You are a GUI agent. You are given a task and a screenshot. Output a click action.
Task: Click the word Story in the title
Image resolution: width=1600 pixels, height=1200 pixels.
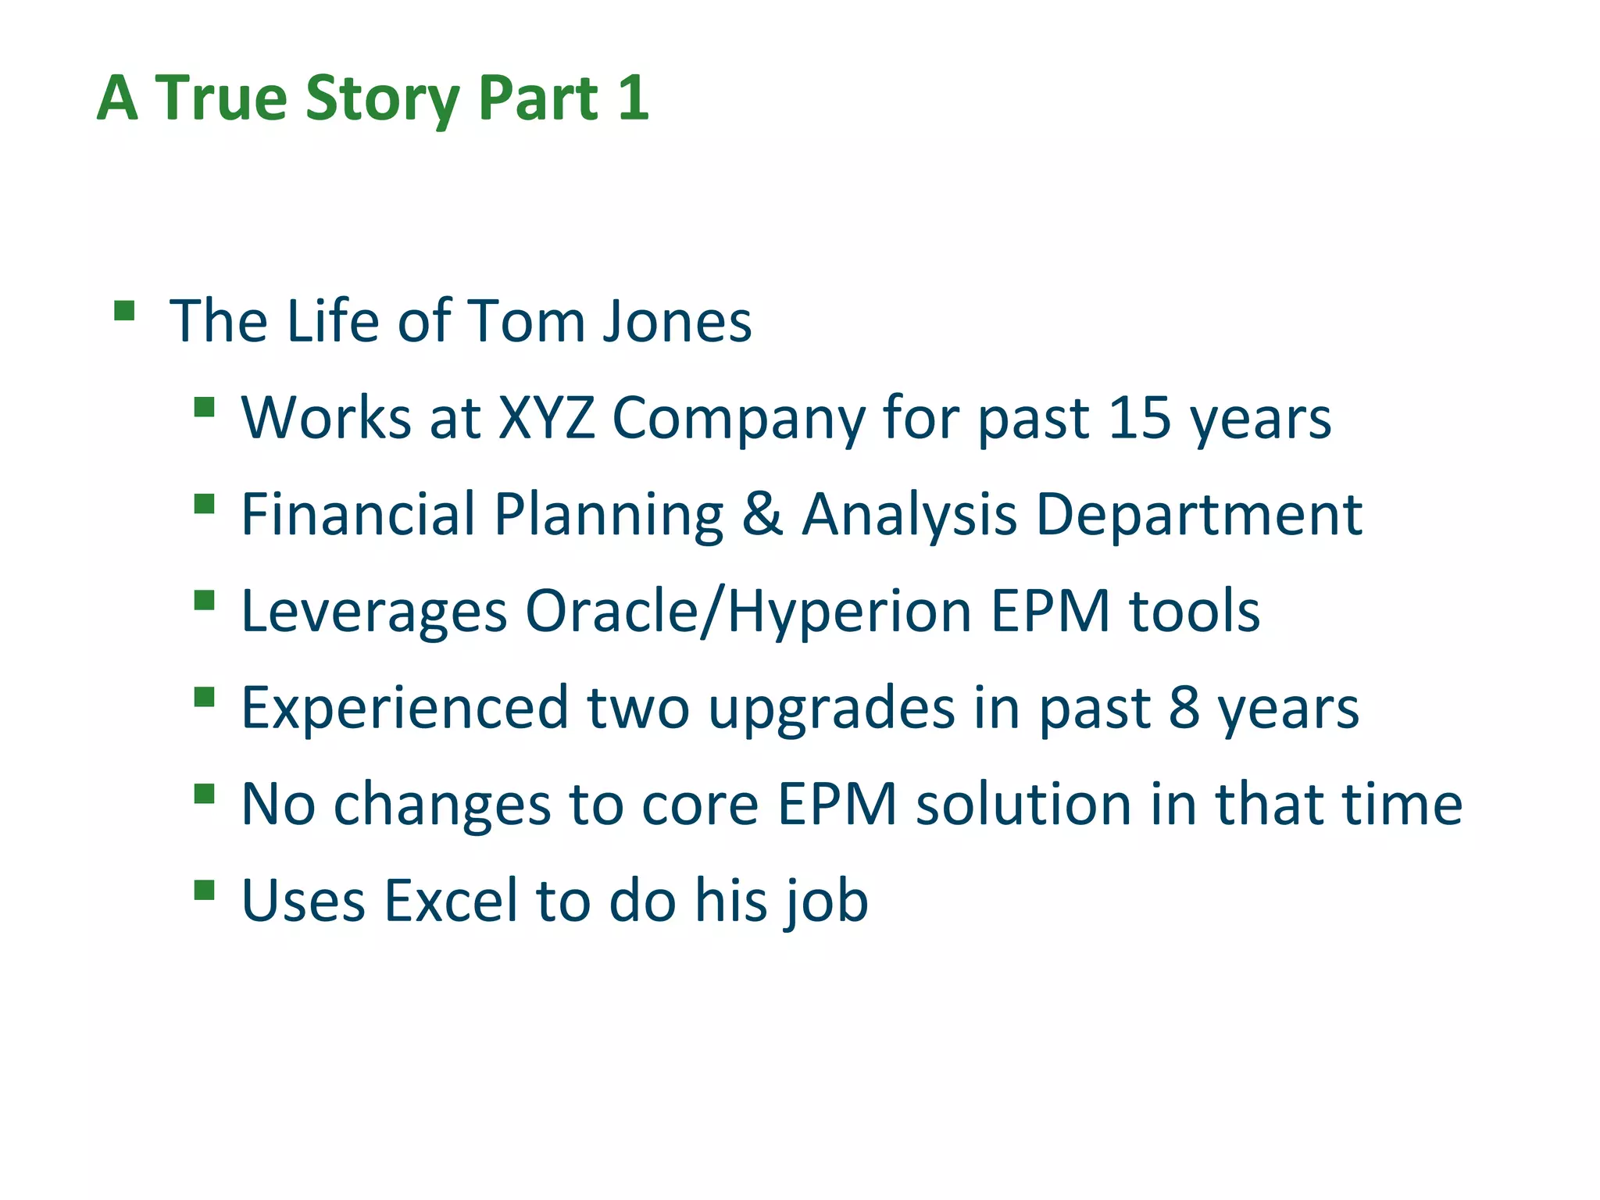(x=382, y=99)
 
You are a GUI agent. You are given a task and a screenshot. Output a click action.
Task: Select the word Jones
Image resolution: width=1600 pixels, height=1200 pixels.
(x=677, y=321)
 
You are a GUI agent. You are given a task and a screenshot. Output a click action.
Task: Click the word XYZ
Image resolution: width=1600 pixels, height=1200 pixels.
(x=546, y=418)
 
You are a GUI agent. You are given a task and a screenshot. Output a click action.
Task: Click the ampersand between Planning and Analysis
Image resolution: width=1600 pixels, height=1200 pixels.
(x=762, y=514)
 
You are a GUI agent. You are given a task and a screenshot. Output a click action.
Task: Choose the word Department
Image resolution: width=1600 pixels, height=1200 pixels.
(x=1199, y=516)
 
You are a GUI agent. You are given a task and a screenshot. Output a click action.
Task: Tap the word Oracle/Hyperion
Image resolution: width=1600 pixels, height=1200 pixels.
(x=748, y=612)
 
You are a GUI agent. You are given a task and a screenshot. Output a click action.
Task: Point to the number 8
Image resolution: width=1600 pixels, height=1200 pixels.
(x=1184, y=708)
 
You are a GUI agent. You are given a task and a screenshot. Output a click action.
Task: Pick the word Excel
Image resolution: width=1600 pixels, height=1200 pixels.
(x=451, y=900)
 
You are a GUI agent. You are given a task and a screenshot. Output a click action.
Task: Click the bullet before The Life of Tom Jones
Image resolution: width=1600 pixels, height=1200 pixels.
(x=124, y=311)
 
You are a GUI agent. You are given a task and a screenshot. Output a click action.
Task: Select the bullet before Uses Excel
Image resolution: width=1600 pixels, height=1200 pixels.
(x=204, y=890)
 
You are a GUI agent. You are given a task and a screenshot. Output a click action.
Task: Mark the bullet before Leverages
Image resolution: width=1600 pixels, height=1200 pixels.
(x=204, y=600)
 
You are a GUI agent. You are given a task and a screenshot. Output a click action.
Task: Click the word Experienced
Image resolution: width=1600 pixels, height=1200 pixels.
(x=405, y=708)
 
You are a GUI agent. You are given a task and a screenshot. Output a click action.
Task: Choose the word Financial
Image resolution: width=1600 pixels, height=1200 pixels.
(x=358, y=514)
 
